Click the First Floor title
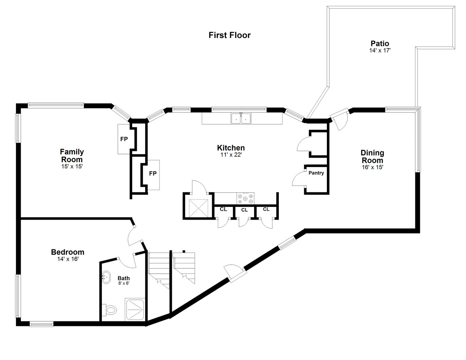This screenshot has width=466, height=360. [229, 35]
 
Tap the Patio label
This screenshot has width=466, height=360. [380, 43]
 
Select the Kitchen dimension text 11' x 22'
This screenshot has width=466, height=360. [231, 155]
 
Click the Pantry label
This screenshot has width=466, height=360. [316, 173]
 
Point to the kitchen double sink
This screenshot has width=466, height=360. [241, 118]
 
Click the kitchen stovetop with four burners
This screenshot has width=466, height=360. [245, 198]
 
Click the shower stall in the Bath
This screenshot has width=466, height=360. [135, 309]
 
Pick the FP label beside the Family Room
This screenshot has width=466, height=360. [124, 139]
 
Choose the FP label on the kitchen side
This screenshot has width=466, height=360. [153, 174]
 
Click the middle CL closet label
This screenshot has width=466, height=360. [244, 210]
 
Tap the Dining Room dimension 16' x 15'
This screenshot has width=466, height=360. [373, 167]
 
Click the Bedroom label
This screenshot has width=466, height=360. [68, 252]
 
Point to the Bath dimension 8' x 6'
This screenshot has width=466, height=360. [124, 283]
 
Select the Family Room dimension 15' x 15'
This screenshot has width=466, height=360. [72, 167]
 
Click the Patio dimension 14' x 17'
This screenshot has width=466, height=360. [380, 51]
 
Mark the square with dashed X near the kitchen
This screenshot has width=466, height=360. [198, 208]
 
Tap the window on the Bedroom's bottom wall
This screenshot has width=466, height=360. [41, 324]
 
